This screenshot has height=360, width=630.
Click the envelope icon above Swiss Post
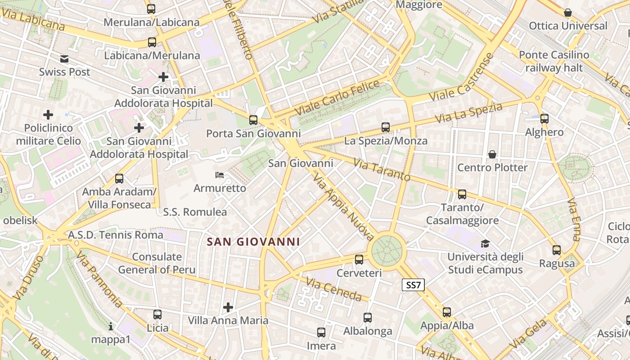click(x=64, y=58)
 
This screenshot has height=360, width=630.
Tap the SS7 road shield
click(x=413, y=284)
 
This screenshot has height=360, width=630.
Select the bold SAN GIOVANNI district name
click(x=253, y=242)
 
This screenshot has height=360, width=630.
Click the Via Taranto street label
click(x=382, y=170)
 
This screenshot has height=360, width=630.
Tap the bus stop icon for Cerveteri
click(x=359, y=259)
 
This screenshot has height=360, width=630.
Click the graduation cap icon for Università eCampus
click(x=485, y=243)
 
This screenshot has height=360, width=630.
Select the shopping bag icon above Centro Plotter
click(x=492, y=154)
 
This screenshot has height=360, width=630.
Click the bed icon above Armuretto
click(x=220, y=175)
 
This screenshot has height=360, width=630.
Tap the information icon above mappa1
click(x=111, y=326)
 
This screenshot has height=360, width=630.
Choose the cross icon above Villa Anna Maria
click(x=228, y=307)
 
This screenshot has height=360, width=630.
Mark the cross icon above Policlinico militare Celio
click(x=48, y=115)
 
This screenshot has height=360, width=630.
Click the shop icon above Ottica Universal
click(x=568, y=13)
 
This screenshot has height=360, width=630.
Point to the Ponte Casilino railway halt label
click(x=554, y=62)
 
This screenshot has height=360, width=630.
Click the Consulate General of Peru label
click(x=157, y=263)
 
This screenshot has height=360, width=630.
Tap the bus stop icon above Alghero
click(x=544, y=119)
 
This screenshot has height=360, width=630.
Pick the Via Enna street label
click(x=575, y=219)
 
